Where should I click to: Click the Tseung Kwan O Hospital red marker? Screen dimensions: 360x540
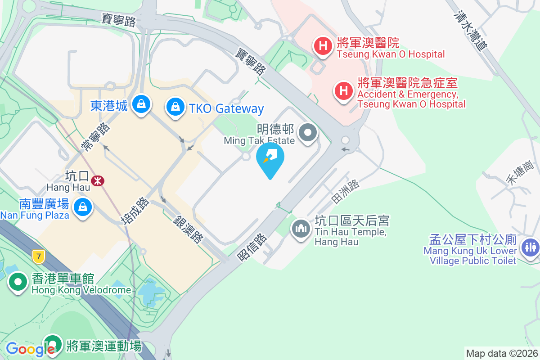(323, 46)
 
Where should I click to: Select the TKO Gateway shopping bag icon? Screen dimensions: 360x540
(175, 107)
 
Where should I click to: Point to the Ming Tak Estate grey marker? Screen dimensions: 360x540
(308, 133)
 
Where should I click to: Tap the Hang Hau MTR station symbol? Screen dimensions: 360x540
(97, 180)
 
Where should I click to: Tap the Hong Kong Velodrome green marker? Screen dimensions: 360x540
(18, 283)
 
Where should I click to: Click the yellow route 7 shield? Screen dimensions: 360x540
(39, 257)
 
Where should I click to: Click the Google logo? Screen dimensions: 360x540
(30, 349)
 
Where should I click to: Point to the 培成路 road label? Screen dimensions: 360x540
(135, 210)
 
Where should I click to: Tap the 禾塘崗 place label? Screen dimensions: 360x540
(520, 172)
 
